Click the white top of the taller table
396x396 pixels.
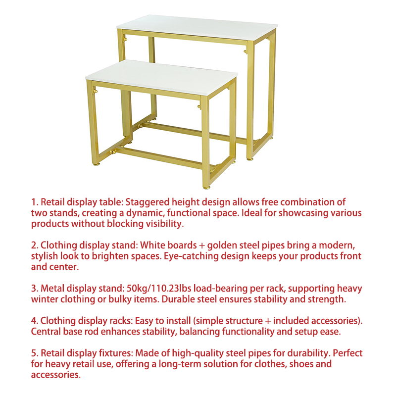pyautogui.click(x=197, y=29)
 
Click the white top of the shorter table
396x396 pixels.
pyautogui.click(x=161, y=74)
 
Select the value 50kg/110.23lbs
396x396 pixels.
pyautogui.click(x=158, y=289)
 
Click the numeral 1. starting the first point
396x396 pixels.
pyautogui.click(x=35, y=202)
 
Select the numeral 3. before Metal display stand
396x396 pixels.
pyautogui.click(x=35, y=289)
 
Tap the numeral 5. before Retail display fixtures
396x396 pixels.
pyautogui.click(x=35, y=353)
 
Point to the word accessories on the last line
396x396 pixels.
pyautogui.click(x=56, y=375)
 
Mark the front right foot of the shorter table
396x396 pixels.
pyautogui.click(x=206, y=188)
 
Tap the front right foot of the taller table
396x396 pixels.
pyautogui.click(x=250, y=159)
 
